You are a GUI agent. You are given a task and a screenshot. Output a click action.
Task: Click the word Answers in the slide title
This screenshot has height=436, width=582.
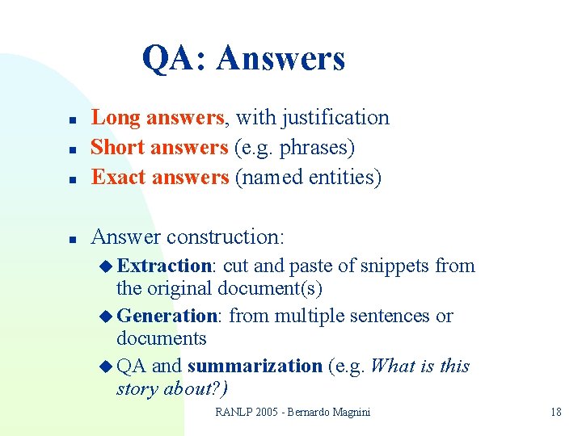280,58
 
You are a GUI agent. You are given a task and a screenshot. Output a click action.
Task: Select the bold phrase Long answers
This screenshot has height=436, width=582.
157,118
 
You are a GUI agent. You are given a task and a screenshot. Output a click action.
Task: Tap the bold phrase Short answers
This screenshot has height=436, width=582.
159,148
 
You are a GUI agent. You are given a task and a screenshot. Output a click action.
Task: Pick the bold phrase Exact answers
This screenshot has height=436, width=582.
160,177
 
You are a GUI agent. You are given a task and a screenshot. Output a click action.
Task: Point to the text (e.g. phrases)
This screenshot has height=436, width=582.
294,148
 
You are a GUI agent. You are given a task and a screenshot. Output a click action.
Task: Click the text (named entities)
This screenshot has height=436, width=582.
308,177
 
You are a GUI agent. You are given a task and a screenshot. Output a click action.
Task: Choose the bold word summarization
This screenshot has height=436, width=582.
255,366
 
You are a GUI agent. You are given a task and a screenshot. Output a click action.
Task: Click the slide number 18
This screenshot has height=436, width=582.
555,412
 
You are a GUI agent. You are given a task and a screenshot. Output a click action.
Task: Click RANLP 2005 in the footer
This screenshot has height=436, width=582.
246,412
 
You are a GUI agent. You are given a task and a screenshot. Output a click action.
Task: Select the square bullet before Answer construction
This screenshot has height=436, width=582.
72,239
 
